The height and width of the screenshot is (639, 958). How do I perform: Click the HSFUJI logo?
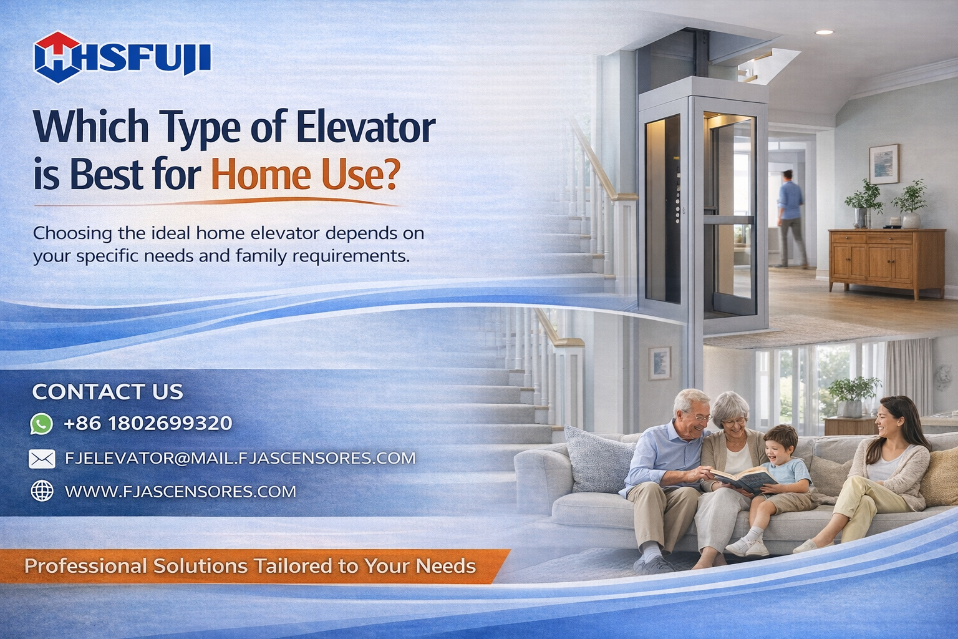click(122, 57)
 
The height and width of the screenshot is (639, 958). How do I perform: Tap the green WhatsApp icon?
click(42, 424)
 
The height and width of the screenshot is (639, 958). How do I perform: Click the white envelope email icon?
click(42, 459)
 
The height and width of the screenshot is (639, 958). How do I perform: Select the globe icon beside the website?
click(42, 491)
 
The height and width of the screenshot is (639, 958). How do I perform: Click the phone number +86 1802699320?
click(148, 423)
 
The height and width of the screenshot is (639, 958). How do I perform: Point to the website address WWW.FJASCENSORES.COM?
click(180, 491)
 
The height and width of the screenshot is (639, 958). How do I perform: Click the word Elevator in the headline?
click(365, 127)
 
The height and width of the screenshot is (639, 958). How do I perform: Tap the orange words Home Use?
click(306, 174)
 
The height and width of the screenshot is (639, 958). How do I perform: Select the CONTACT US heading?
click(108, 392)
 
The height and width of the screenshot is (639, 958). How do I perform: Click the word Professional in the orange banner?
click(85, 566)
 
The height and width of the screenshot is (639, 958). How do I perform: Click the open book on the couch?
click(743, 480)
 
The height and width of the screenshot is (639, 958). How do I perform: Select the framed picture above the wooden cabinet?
click(884, 163)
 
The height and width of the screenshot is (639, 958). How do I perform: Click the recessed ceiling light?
click(824, 32)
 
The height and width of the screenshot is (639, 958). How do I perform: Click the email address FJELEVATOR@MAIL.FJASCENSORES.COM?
click(240, 458)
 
